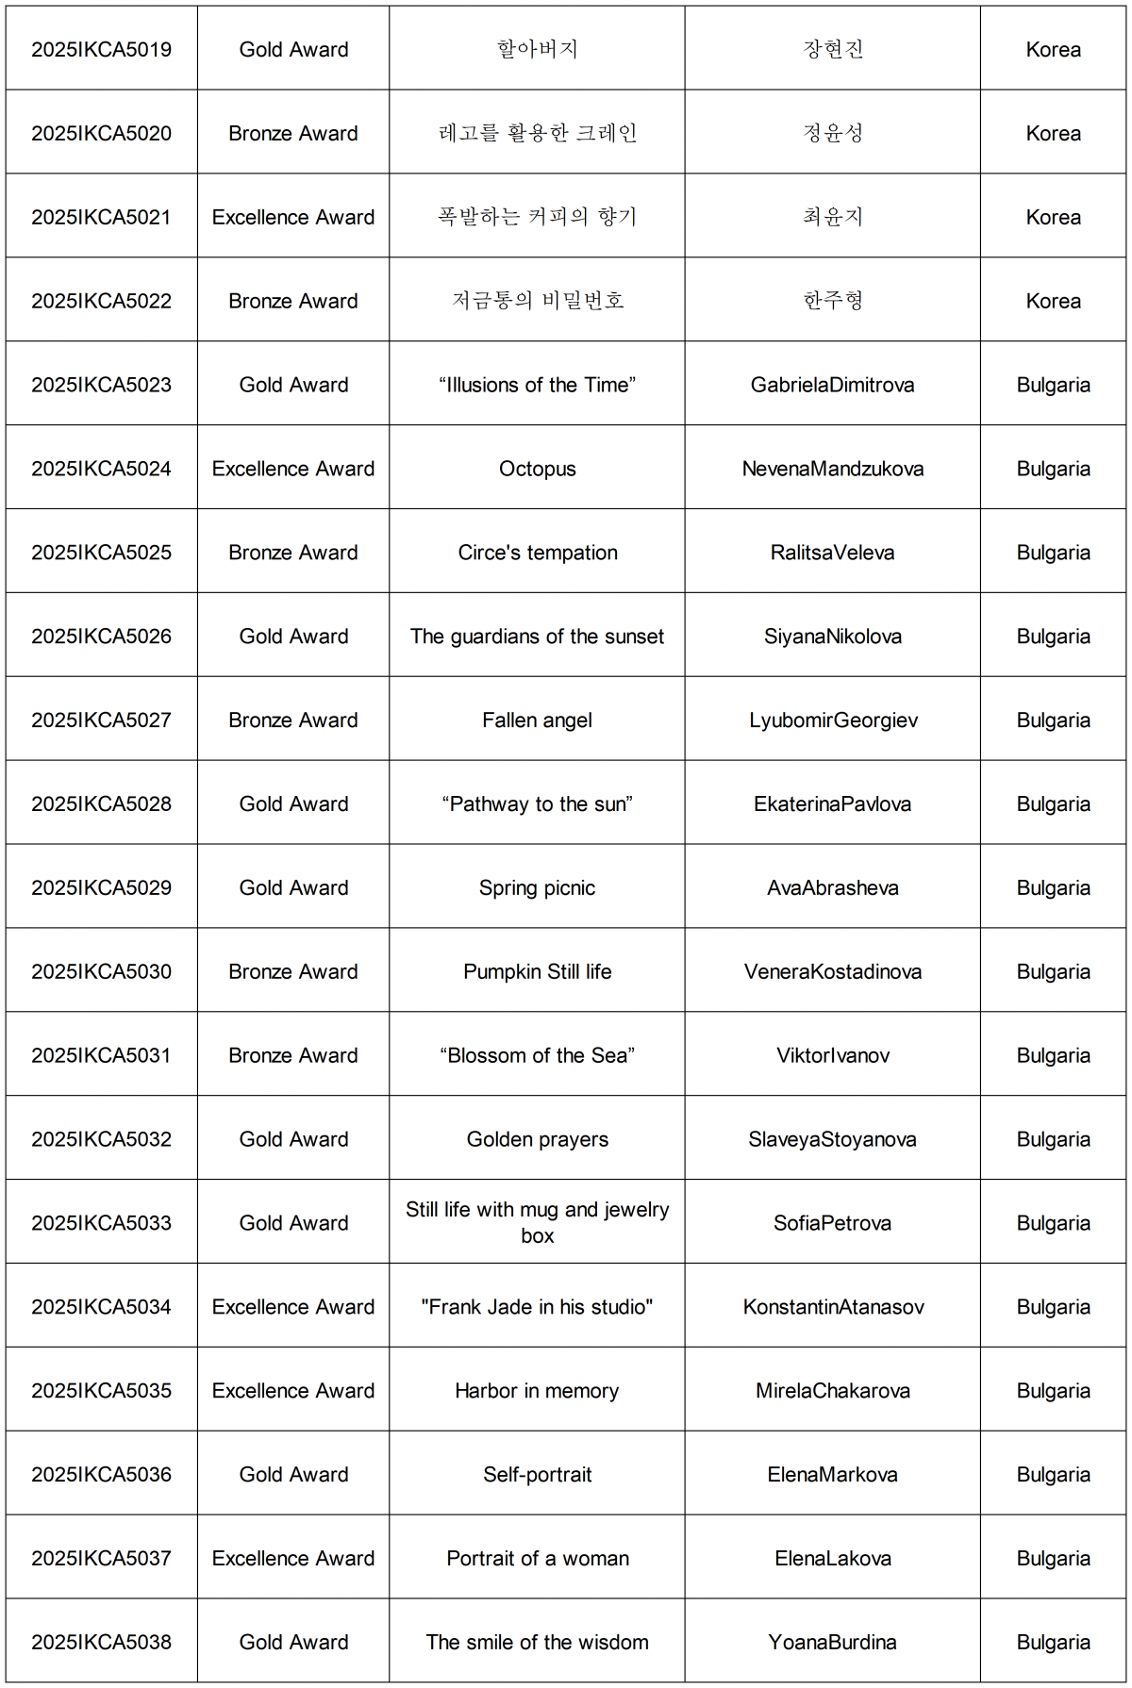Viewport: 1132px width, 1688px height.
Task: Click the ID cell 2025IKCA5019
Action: [101, 50]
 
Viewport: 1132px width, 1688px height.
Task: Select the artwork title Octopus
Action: [537, 469]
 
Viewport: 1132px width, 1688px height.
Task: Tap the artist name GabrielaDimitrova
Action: [832, 385]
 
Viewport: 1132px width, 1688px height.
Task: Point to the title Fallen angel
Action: [537, 720]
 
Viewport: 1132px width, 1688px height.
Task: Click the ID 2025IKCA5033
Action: [101, 1223]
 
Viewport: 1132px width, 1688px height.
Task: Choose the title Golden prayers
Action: [537, 1139]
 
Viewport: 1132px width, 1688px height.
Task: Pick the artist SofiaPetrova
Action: [832, 1223]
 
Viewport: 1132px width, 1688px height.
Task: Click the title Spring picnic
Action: [537, 887]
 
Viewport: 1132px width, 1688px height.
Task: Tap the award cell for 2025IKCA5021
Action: [293, 217]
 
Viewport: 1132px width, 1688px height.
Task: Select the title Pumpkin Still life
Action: [537, 971]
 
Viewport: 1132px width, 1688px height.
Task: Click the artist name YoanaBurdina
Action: [832, 1642]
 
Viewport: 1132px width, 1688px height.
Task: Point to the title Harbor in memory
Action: [537, 1391]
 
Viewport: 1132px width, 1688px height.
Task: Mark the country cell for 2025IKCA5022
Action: [1053, 301]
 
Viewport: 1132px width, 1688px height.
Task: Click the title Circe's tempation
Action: [537, 553]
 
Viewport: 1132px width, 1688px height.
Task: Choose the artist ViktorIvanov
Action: [832, 1055]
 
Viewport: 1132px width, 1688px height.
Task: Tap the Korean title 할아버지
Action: [537, 49]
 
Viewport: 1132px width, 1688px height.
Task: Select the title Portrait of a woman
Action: [537, 1558]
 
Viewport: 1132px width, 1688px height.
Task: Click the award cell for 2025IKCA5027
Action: [293, 720]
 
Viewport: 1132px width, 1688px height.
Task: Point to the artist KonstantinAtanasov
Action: [832, 1307]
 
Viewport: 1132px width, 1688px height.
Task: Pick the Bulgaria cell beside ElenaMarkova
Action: [1053, 1474]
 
